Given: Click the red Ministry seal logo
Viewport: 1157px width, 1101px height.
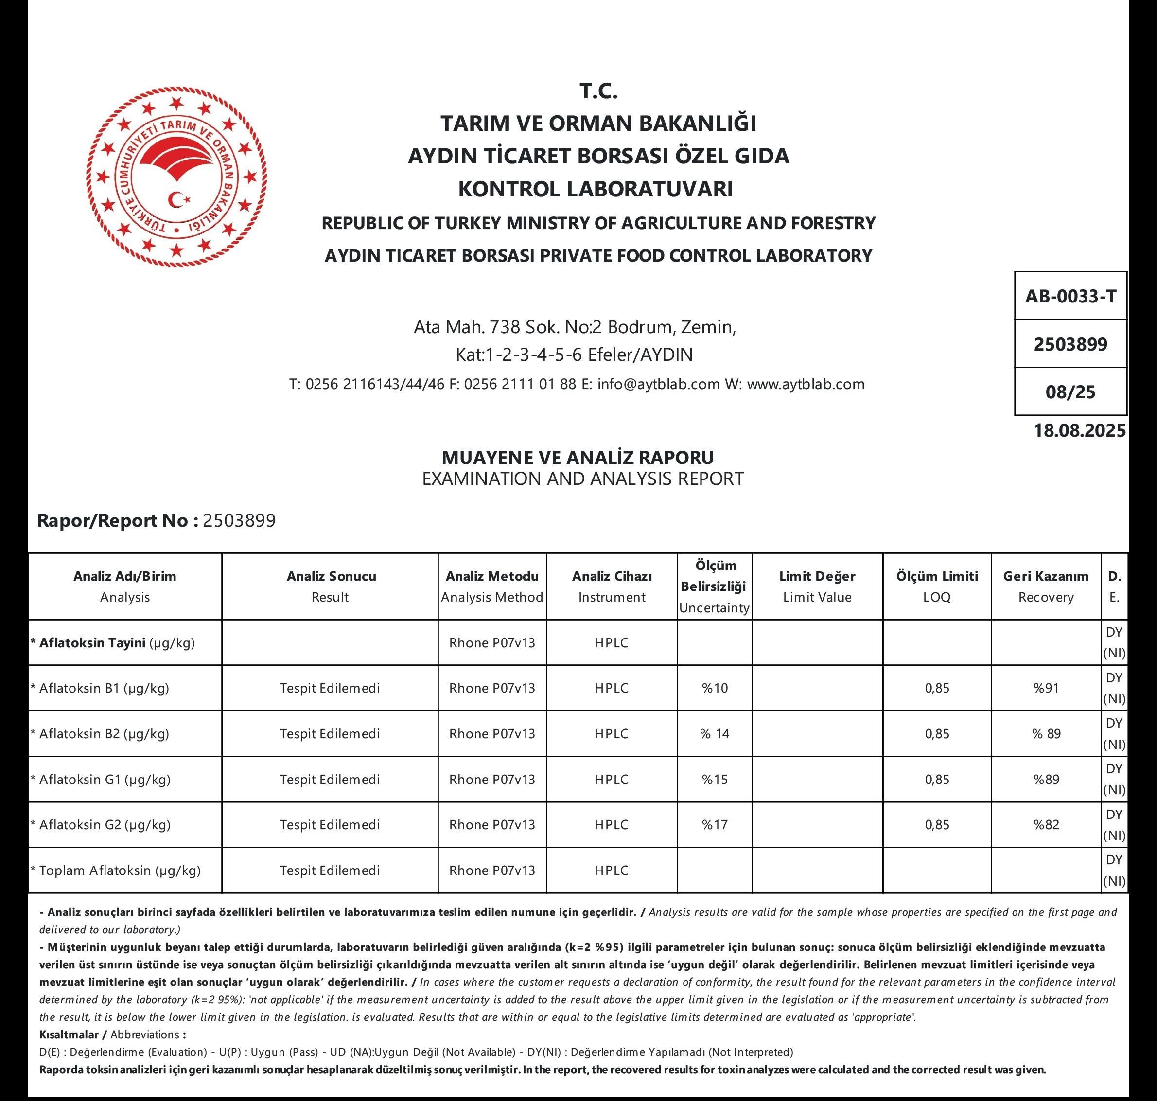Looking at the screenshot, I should tap(176, 177).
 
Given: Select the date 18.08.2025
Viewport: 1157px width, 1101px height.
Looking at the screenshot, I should tap(1080, 430).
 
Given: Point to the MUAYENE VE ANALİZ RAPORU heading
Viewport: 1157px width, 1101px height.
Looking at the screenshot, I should tap(578, 457).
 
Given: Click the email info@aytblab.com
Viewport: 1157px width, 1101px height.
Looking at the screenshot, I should tap(658, 384).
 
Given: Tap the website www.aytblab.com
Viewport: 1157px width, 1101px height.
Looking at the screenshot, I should tap(806, 384).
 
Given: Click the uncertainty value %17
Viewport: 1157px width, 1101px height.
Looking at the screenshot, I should tap(714, 825).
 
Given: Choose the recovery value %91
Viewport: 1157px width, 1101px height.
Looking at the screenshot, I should tap(1046, 688).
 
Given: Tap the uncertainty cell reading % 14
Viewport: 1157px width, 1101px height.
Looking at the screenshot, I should tap(714, 734).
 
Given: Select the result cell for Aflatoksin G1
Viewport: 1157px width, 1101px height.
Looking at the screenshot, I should tap(330, 780).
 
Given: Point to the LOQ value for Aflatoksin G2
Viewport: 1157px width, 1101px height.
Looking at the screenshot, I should tap(936, 825).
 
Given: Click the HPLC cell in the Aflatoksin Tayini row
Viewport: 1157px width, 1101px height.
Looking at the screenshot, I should tap(612, 642).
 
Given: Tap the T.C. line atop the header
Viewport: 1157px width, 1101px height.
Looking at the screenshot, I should tap(598, 91).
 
